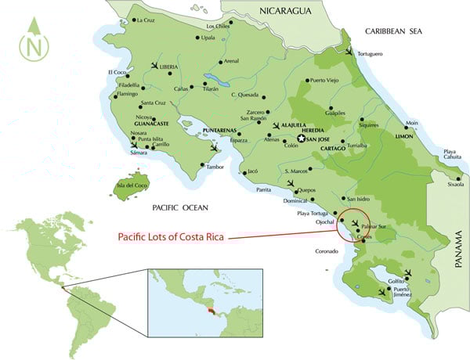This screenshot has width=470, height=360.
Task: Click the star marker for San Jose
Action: pos(300,139)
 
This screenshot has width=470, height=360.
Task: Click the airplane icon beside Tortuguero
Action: pos(349,50)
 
